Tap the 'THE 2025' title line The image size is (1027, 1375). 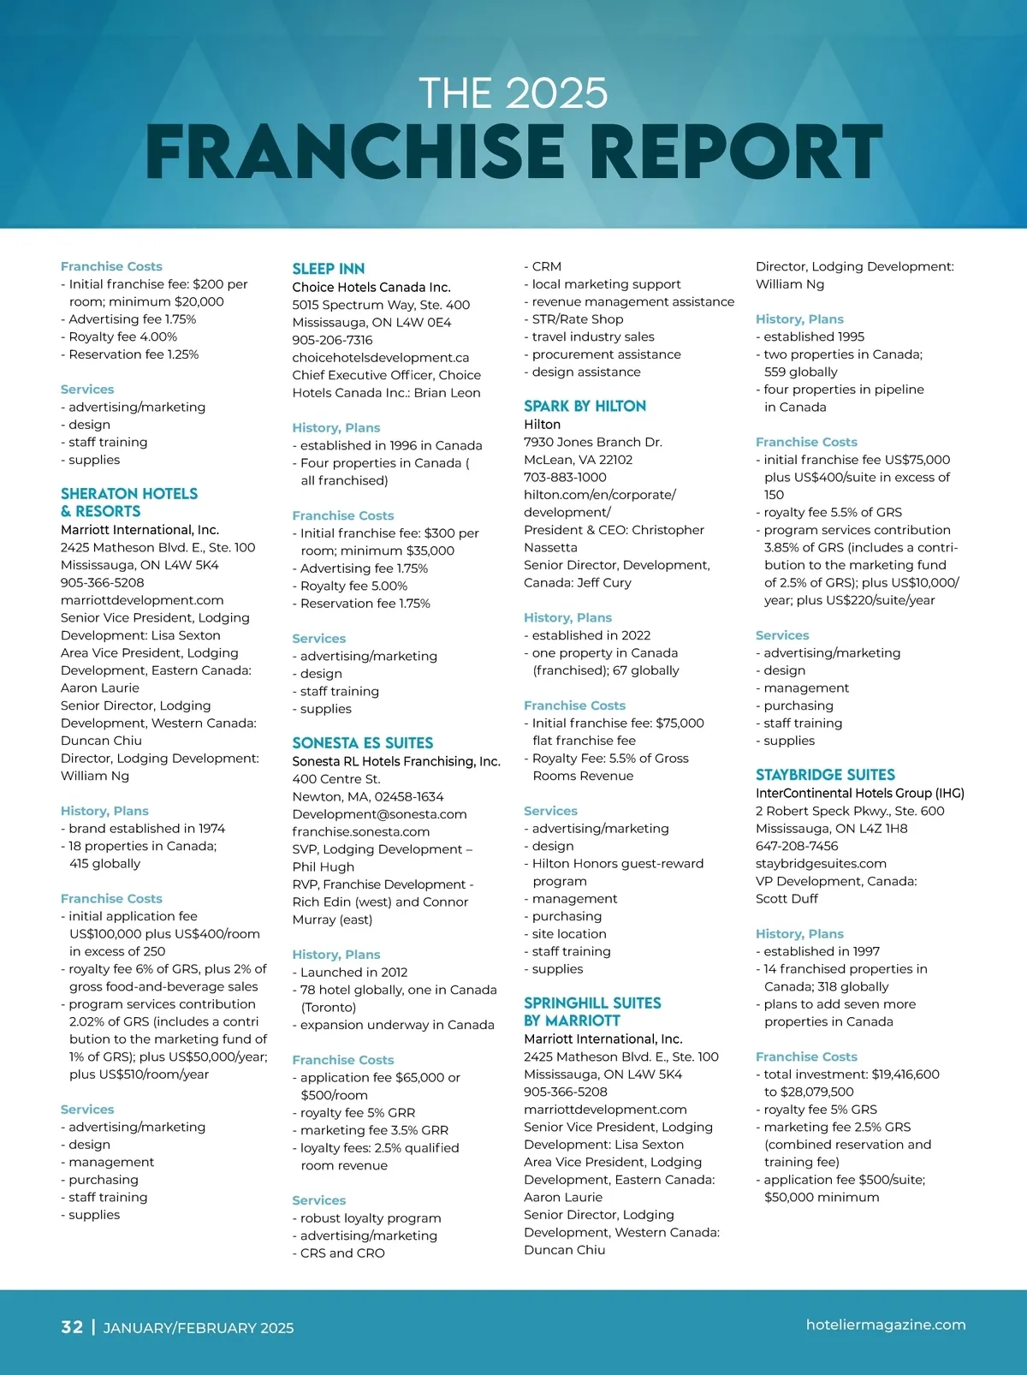click(x=513, y=93)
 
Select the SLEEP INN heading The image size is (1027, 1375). click(x=329, y=269)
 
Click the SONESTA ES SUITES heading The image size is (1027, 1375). click(x=363, y=743)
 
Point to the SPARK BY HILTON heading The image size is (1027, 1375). click(x=585, y=407)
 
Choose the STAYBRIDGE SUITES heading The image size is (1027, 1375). click(x=825, y=775)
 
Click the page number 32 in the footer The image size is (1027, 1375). click(x=72, y=1327)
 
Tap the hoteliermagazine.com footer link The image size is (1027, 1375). click(x=886, y=1324)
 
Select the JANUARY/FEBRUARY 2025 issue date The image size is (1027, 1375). click(x=199, y=1328)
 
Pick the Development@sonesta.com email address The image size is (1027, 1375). click(x=379, y=814)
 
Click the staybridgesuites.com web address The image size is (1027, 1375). click(x=821, y=864)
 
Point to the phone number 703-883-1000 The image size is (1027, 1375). click(x=565, y=478)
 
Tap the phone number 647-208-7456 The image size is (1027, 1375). click(x=797, y=846)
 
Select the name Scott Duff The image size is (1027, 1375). click(x=787, y=899)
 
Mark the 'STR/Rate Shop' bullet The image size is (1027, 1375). click(x=578, y=319)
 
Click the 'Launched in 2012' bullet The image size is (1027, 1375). click(x=353, y=973)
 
